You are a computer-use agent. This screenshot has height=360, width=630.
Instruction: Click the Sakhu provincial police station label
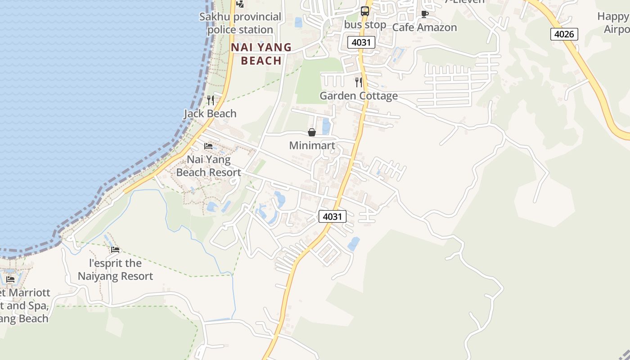[x=240, y=23]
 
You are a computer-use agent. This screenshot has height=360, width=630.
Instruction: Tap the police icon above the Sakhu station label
[x=240, y=4]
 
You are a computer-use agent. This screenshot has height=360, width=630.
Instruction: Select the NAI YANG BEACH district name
[x=261, y=54]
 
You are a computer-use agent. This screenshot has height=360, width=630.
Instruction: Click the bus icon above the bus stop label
[x=365, y=11]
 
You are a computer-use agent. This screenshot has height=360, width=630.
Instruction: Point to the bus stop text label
[x=365, y=25]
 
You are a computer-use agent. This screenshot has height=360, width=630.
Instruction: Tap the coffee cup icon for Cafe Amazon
[x=424, y=14]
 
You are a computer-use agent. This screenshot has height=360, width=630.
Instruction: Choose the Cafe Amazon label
[x=424, y=27]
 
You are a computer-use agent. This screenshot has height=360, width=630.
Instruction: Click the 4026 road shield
[x=564, y=34]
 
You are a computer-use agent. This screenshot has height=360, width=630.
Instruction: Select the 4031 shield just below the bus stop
[x=361, y=43]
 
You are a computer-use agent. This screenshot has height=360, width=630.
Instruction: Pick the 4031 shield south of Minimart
[x=333, y=216]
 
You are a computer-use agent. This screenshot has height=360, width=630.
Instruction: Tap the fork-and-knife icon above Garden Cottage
[x=359, y=82]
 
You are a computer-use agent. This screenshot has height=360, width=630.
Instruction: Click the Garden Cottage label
[x=359, y=96]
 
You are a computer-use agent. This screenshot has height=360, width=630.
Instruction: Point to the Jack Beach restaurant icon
[x=210, y=100]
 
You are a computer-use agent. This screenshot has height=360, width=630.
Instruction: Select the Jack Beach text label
[x=210, y=114]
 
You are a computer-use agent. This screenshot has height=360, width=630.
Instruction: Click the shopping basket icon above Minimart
[x=311, y=132]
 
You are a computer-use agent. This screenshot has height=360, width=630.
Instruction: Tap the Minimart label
[x=312, y=146]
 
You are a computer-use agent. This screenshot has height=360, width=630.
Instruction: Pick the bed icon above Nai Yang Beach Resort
[x=208, y=146]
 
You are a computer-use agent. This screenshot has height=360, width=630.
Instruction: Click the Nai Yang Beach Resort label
[x=208, y=166]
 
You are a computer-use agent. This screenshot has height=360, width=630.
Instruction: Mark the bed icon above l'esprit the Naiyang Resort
[x=115, y=250]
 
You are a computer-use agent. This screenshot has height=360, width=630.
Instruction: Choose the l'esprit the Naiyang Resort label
[x=115, y=270]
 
